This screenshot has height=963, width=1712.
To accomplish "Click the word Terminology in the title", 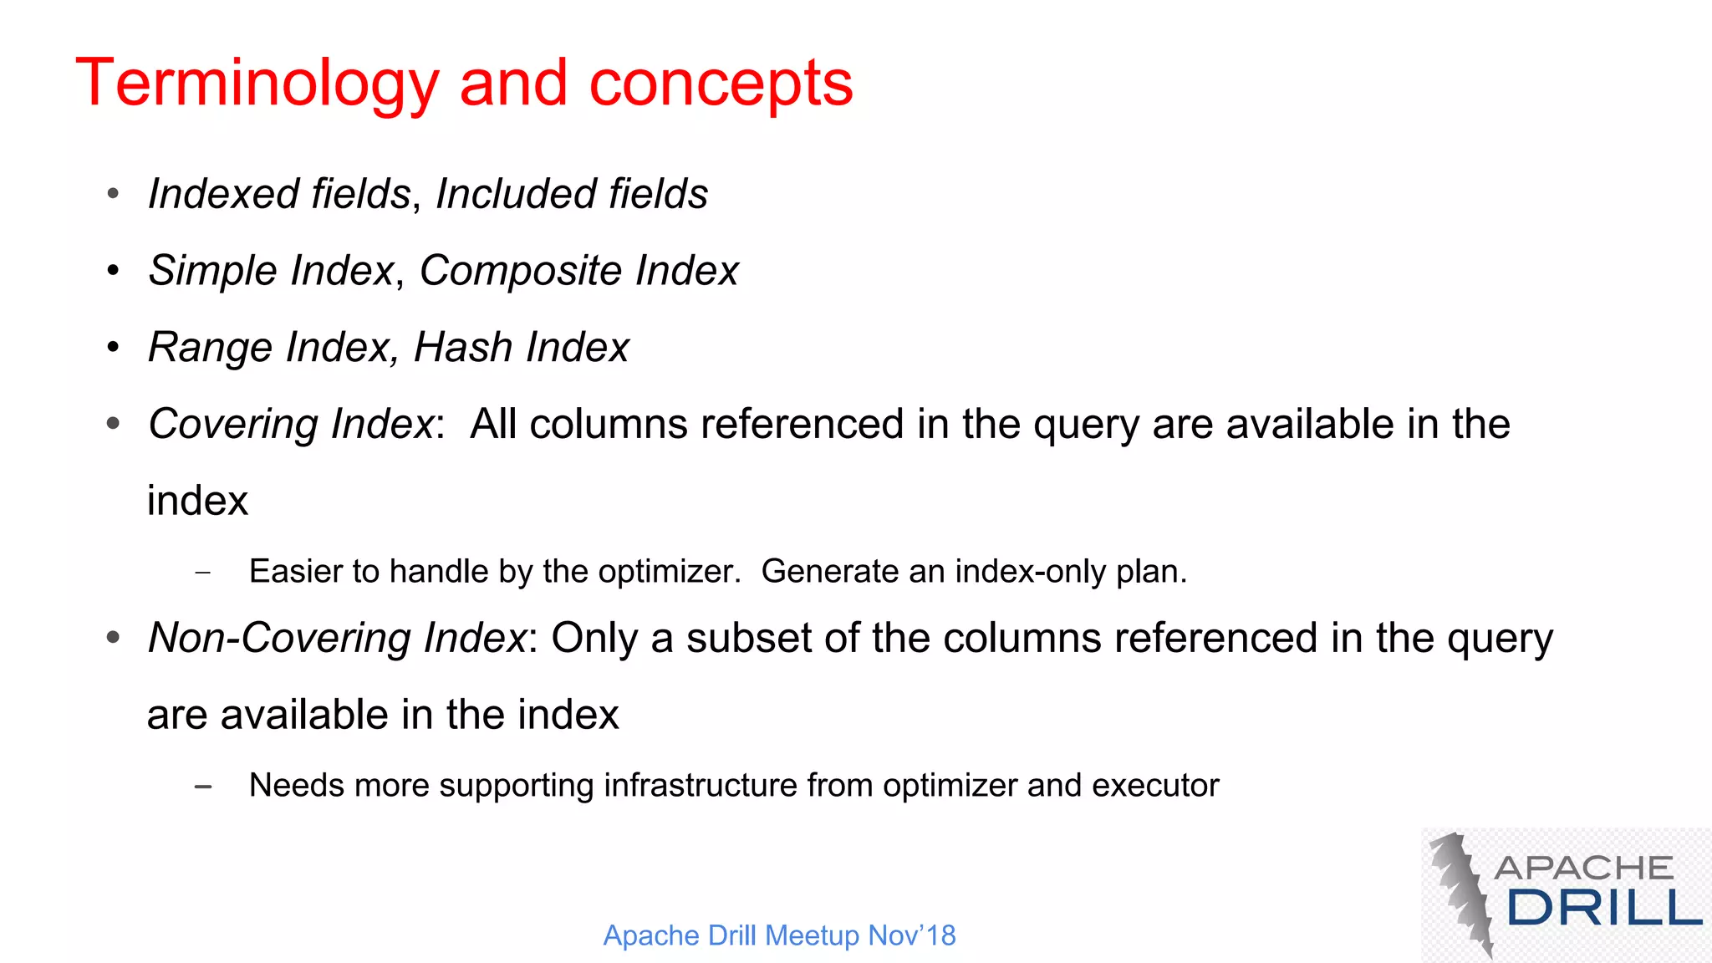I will [x=257, y=84].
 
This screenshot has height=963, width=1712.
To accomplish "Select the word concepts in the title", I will [x=721, y=84].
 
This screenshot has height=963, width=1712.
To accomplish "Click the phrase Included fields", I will [x=572, y=194].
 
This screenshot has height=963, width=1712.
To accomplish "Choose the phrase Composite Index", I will [x=578, y=271].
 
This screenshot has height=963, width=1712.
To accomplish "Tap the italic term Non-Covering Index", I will [x=337, y=638].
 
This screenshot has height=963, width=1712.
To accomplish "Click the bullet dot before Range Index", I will [x=114, y=347].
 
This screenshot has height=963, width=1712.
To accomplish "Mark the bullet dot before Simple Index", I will [x=114, y=270].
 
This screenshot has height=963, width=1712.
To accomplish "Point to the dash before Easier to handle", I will [x=202, y=573].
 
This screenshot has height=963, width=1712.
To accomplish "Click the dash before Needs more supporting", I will [x=202, y=787].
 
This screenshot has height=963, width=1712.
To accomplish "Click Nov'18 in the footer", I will [x=911, y=935].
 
